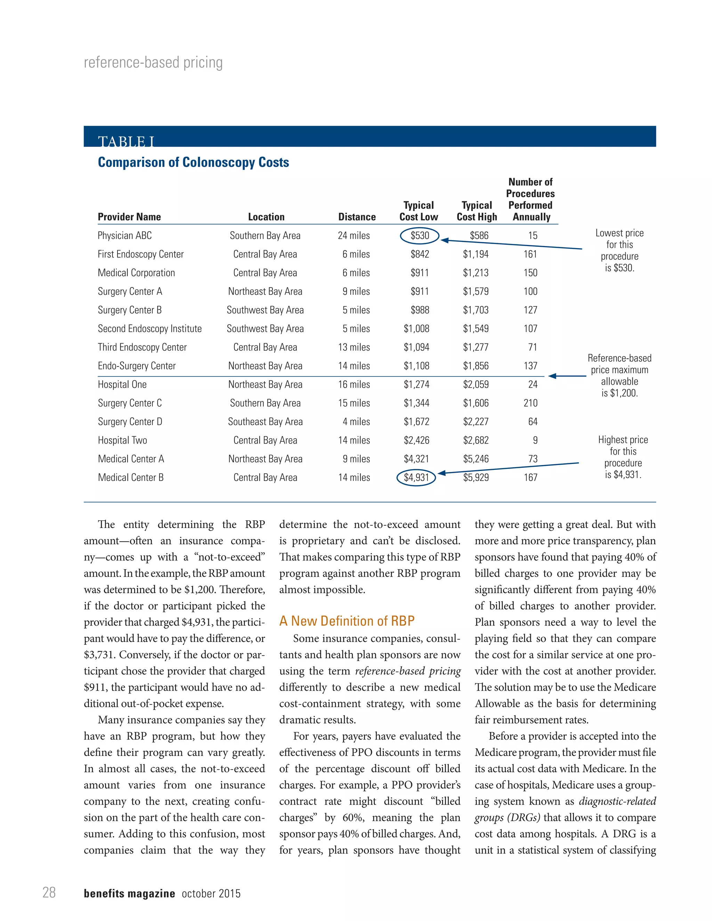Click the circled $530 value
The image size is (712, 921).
coord(419,235)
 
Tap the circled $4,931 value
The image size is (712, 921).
coord(416,478)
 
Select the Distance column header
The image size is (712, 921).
coord(357,217)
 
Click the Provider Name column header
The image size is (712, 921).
coord(129,217)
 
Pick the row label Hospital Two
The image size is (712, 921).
coord(122,440)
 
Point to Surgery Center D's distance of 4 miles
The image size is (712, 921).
coord(356,422)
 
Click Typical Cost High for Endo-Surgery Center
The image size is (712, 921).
coord(476,366)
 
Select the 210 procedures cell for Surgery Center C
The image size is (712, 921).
coord(530,403)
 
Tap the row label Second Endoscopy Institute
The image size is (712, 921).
coord(150,328)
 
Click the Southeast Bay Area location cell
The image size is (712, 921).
coord(265,422)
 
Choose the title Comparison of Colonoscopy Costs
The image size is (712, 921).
coord(193,162)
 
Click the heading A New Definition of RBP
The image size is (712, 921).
coord(347,621)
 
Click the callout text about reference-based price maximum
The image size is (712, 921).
coord(619,375)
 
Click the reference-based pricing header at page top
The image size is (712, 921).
coord(153,63)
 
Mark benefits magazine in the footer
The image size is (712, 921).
coord(129,893)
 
